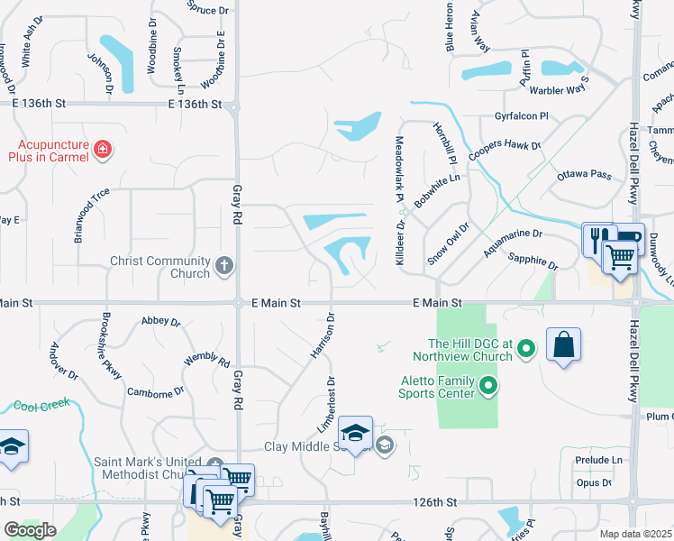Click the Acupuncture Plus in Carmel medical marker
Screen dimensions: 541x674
(103, 149)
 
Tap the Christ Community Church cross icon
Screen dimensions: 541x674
(224, 267)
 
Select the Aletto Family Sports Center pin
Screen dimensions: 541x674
(489, 388)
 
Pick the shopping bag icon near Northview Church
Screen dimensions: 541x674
(563, 344)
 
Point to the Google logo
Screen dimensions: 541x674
(30, 529)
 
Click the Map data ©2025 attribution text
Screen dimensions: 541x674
(635, 534)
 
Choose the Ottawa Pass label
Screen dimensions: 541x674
(583, 174)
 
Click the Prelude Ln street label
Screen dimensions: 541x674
(598, 460)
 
